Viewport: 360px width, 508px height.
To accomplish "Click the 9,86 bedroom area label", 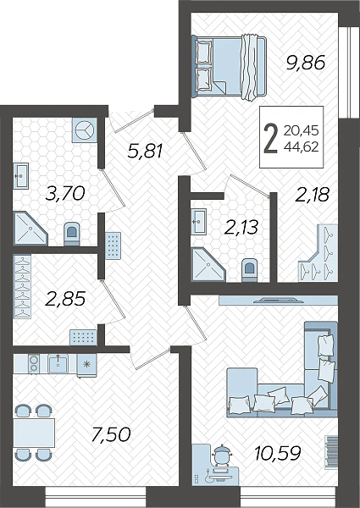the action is [x=306, y=63].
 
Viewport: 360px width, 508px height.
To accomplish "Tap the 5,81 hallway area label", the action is [x=145, y=151].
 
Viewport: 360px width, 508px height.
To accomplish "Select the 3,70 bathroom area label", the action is [x=65, y=193].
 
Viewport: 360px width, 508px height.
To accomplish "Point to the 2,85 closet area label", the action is [x=65, y=299].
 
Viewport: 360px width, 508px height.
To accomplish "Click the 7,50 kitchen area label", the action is [x=111, y=434].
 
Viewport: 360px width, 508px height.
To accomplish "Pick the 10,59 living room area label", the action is [x=278, y=453].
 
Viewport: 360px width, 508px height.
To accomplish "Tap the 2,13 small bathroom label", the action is [x=241, y=227].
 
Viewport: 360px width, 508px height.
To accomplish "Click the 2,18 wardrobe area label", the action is [x=312, y=195].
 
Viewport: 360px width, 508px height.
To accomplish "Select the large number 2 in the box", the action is [x=271, y=139].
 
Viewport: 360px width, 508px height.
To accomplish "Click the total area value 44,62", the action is [x=301, y=147].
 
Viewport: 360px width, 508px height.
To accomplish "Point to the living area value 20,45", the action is [x=301, y=131].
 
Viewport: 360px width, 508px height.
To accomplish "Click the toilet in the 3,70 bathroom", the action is [x=72, y=234].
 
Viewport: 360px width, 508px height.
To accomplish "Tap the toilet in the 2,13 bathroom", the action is [x=250, y=269].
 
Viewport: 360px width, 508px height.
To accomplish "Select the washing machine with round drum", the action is [x=84, y=130].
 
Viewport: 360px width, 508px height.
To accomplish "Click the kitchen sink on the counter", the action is [x=58, y=363].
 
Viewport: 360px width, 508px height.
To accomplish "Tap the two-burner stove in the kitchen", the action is [x=33, y=363].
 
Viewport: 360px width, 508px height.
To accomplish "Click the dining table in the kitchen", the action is [x=34, y=433].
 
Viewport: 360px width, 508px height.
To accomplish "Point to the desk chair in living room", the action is [x=221, y=456].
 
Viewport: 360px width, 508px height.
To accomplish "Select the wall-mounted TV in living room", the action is [x=279, y=300].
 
